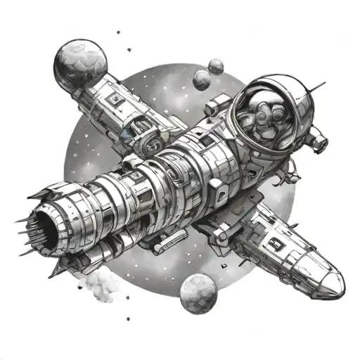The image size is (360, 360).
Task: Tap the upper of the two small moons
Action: (217, 65)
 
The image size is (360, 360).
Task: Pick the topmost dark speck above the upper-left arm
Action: (117, 32)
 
